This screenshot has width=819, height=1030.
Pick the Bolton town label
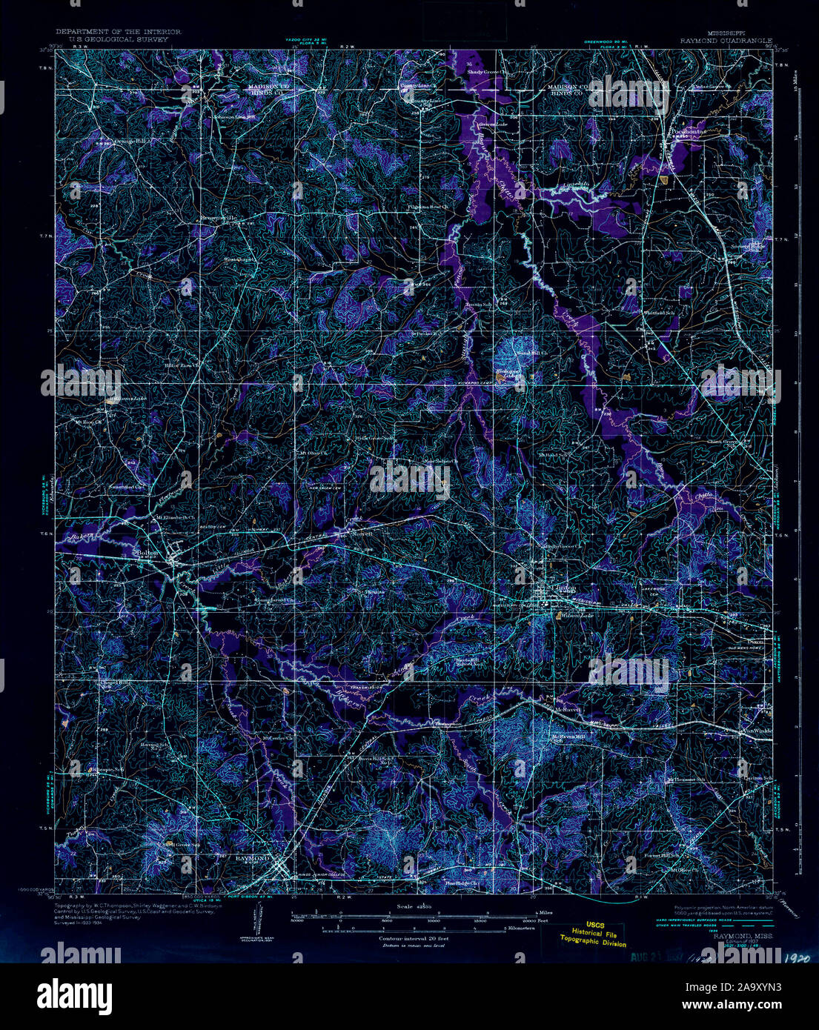pos(145,552)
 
